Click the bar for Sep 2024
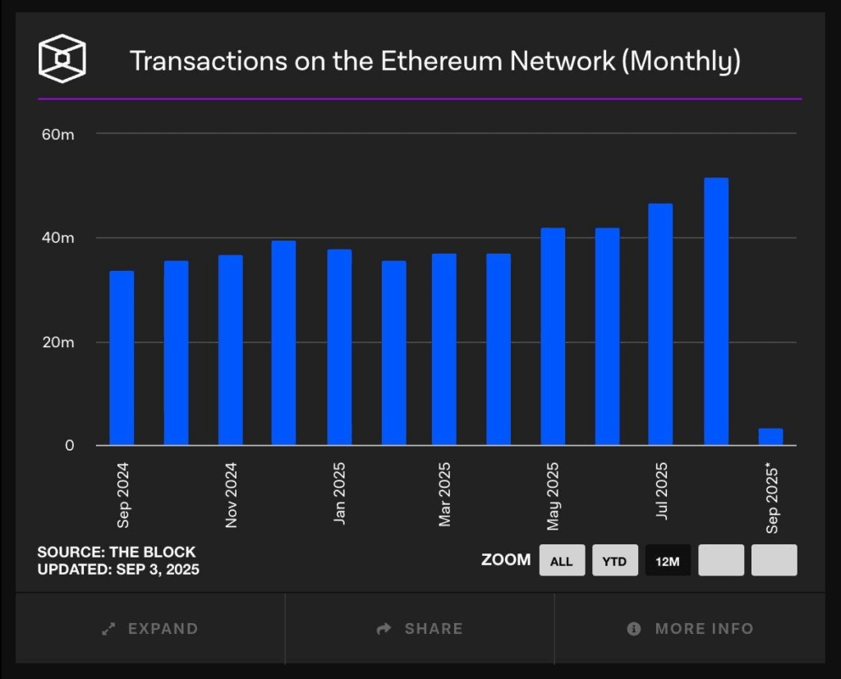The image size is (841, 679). pyautogui.click(x=122, y=358)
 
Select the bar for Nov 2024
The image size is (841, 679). pyautogui.click(x=230, y=351)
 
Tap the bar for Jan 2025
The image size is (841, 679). pyautogui.click(x=339, y=347)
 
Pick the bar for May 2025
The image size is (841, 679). pyautogui.click(x=553, y=337)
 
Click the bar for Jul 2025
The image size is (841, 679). pyautogui.click(x=660, y=324)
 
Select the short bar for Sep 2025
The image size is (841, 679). pyautogui.click(x=770, y=437)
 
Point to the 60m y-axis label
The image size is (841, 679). pyautogui.click(x=57, y=134)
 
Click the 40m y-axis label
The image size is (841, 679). pyautogui.click(x=57, y=238)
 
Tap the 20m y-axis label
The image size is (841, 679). pyautogui.click(x=57, y=342)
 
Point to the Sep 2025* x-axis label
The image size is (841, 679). pyautogui.click(x=772, y=498)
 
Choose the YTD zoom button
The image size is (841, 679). pyautogui.click(x=614, y=561)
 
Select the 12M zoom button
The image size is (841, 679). pyautogui.click(x=668, y=561)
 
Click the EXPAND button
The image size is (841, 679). pyautogui.click(x=150, y=629)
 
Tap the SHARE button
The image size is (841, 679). pyautogui.click(x=420, y=629)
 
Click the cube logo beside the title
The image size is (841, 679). pyautogui.click(x=62, y=59)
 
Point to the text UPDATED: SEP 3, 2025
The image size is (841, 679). pyautogui.click(x=118, y=569)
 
